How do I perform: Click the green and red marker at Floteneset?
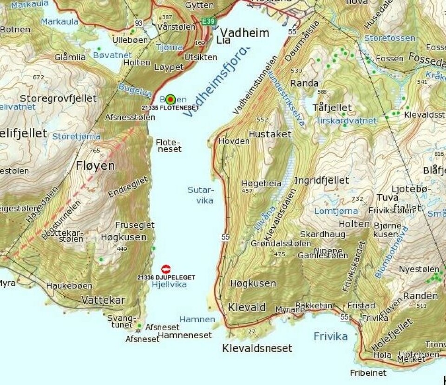point(170,99)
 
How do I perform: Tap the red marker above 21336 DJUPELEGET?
point(166,269)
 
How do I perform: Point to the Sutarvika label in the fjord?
point(201,195)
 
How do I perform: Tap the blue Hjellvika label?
point(169,284)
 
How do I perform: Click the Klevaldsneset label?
point(257,348)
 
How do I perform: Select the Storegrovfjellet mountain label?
point(58,98)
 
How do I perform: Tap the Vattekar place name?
point(103,300)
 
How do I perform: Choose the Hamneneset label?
point(184,335)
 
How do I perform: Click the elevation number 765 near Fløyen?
point(94,150)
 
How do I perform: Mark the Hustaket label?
point(270,134)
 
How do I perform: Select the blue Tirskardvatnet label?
point(346,120)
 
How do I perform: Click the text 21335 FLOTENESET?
point(170,107)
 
